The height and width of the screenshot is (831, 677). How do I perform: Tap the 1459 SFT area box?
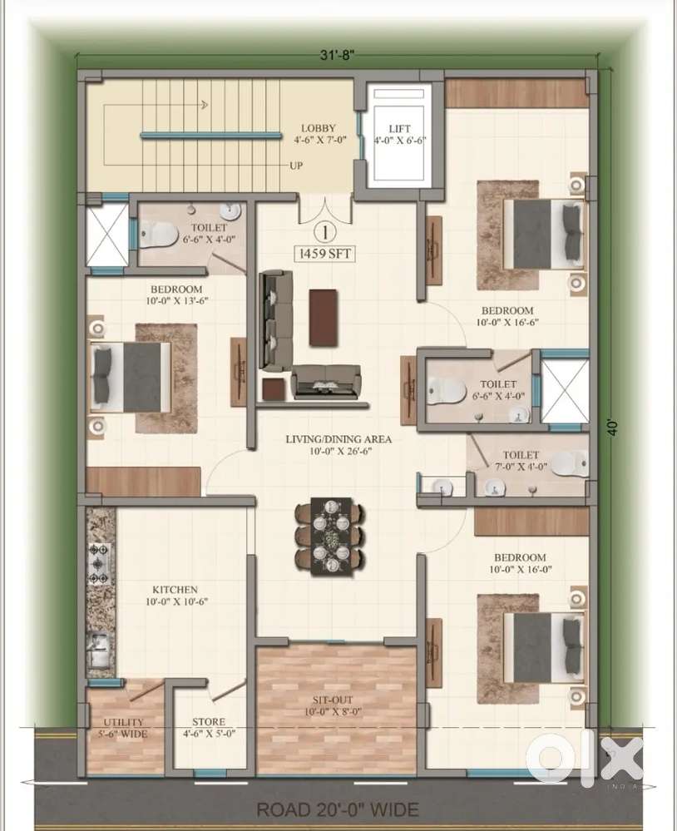pyautogui.click(x=324, y=254)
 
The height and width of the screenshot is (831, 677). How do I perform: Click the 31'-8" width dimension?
pyautogui.click(x=336, y=55)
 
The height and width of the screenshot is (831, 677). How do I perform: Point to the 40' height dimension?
pyautogui.click(x=613, y=428)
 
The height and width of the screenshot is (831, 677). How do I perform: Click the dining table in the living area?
pyautogui.click(x=330, y=537)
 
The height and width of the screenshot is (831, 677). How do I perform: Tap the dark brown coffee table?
pyautogui.click(x=323, y=318)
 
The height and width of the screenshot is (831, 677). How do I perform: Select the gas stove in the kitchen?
pyautogui.click(x=100, y=563)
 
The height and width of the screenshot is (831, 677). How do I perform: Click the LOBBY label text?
pyautogui.click(x=319, y=128)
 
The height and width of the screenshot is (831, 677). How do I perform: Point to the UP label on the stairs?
pyautogui.click(x=296, y=166)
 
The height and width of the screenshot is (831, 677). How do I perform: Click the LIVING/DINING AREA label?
pyautogui.click(x=338, y=439)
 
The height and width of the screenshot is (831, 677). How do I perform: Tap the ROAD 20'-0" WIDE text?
pyautogui.click(x=338, y=810)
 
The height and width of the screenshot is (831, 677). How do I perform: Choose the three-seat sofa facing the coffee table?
pyautogui.click(x=275, y=320)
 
